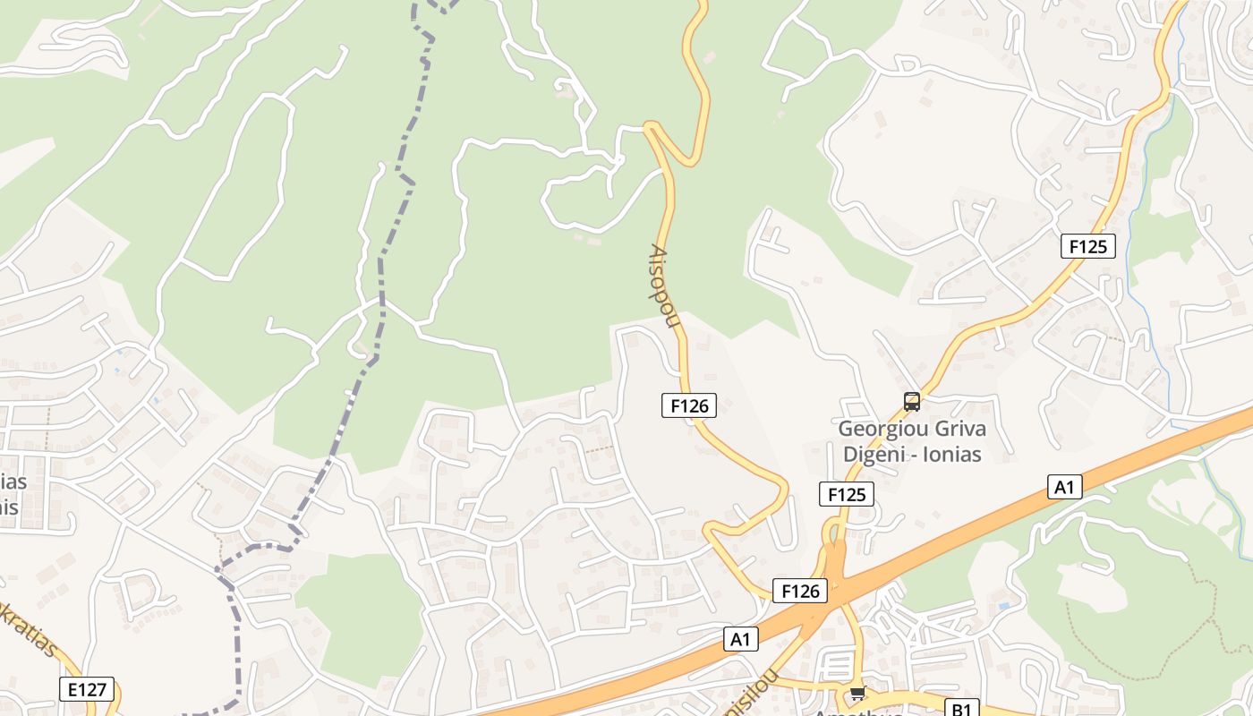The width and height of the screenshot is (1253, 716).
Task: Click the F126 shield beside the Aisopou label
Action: click(x=689, y=405)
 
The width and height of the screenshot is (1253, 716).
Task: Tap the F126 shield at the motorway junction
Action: click(x=799, y=591)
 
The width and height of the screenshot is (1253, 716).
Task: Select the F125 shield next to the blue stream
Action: click(x=1087, y=246)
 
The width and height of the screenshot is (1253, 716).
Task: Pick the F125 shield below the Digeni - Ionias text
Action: click(x=846, y=494)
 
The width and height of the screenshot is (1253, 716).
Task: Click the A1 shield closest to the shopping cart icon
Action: click(x=740, y=639)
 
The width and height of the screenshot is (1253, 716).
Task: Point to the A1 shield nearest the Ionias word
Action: click(x=1064, y=487)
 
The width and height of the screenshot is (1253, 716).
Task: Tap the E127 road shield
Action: click(x=87, y=689)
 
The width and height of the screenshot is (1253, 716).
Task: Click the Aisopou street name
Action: click(x=663, y=286)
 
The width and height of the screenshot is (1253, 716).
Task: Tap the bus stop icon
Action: click(x=912, y=402)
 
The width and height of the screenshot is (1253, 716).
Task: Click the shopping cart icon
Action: click(x=858, y=693)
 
